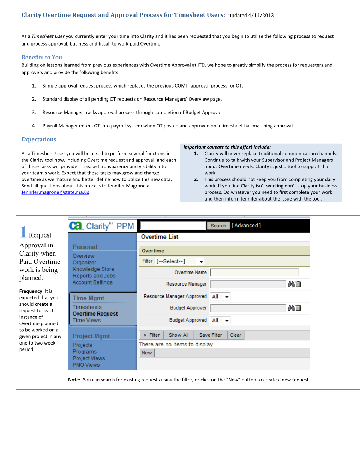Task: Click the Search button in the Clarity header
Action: coord(218,226)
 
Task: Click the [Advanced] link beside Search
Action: coord(246,226)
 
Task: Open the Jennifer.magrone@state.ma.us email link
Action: coord(55,192)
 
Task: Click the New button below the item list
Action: coord(147,353)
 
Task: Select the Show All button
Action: coord(179,335)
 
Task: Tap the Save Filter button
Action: coord(210,335)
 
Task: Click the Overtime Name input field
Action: coord(254,272)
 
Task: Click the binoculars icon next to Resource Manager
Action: coord(291,284)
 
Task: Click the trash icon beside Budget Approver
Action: coord(299,308)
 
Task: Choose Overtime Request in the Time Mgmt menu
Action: coord(95,314)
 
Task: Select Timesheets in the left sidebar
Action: coord(87,307)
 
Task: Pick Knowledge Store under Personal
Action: coord(93,269)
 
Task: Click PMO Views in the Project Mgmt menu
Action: coord(86,365)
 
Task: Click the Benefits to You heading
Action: coord(42,57)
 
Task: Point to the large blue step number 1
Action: coord(23,232)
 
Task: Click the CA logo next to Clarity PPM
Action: coord(76,226)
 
